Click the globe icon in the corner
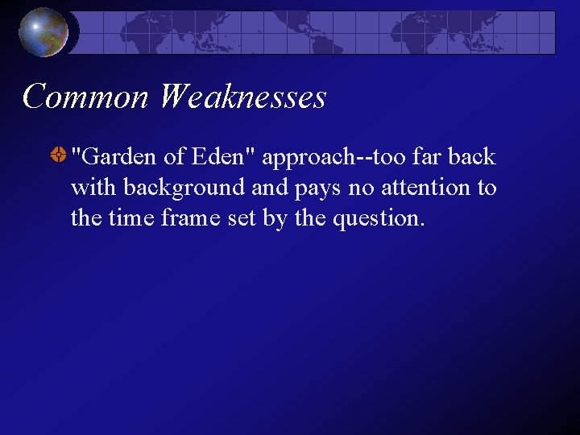(43, 32)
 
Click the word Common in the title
(86, 97)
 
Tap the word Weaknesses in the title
(242, 97)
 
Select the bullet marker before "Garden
(58, 156)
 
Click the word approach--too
(328, 158)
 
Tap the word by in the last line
(275, 219)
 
